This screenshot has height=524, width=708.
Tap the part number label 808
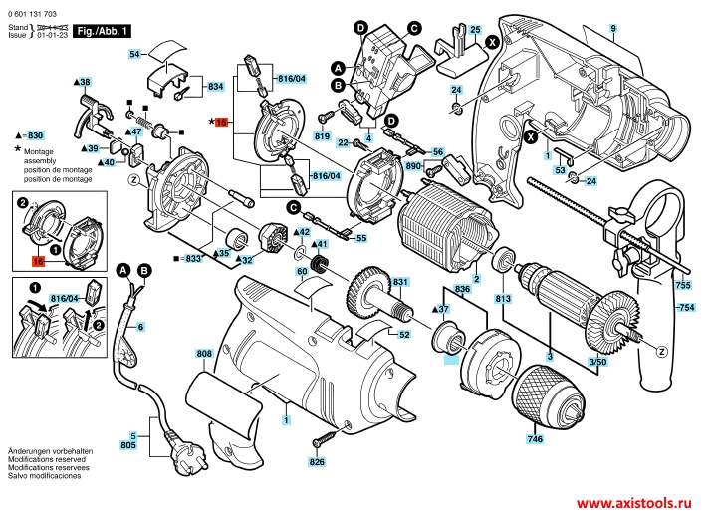tap(204, 354)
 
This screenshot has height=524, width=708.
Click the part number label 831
tap(400, 283)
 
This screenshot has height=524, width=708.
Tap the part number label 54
tap(136, 54)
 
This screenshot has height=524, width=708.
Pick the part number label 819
tap(322, 135)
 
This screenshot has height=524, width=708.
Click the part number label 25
tap(475, 31)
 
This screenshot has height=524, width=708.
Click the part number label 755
tap(682, 285)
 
